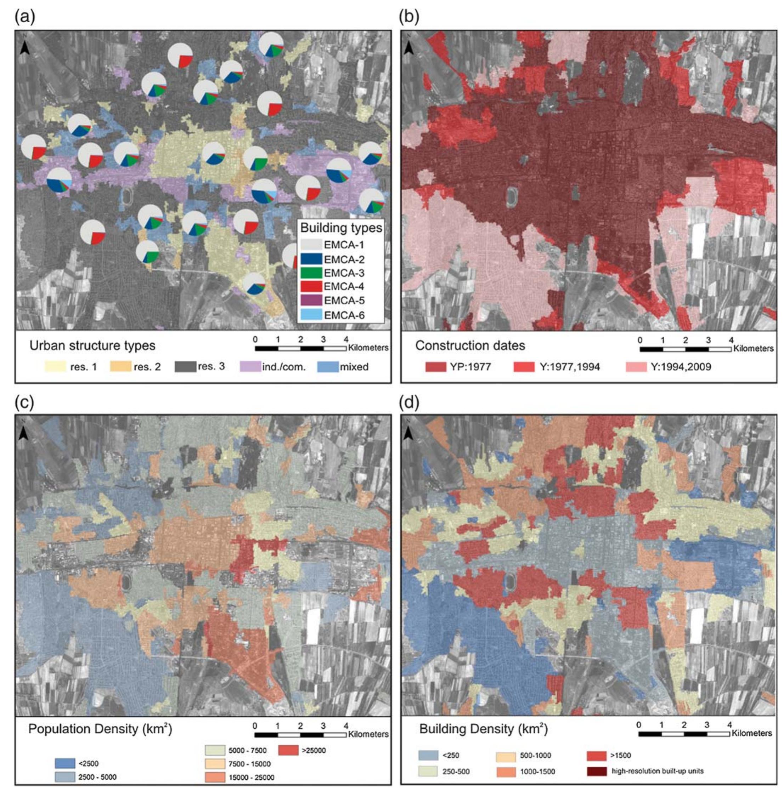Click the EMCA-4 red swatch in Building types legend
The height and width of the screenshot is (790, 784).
tap(311, 286)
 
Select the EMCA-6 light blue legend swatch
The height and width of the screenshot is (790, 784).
tap(311, 315)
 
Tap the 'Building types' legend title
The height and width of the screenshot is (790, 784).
tap(341, 228)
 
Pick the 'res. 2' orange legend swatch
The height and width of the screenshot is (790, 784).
tap(121, 366)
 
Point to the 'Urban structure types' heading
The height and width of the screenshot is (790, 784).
tap(92, 345)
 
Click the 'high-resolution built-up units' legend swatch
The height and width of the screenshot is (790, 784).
tap(596, 771)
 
